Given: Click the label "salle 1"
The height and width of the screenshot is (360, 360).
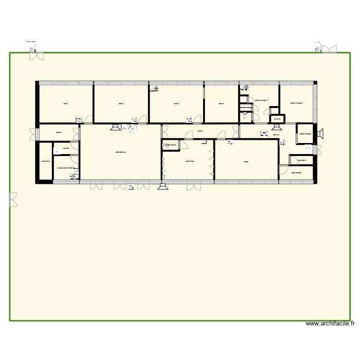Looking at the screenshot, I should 65,103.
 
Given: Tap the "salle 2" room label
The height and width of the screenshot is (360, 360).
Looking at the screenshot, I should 121,103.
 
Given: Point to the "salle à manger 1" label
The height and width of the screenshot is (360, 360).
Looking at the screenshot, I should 297,102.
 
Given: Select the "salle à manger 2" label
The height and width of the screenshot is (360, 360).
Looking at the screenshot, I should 261,100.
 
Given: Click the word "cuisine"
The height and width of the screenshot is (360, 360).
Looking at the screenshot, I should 66,148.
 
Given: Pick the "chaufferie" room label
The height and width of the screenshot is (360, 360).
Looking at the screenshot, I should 46,161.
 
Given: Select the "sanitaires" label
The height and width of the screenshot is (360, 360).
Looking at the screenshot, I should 190,161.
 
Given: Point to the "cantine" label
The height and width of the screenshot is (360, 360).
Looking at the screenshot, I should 276,135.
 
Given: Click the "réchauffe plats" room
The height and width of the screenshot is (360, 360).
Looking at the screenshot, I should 305,134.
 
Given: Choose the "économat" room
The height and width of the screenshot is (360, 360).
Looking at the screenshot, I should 301,160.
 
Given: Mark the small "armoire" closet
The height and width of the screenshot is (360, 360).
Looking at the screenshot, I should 277,119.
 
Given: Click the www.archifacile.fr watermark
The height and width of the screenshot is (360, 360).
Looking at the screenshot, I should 330,324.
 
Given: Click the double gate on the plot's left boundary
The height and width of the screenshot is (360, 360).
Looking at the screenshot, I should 13,199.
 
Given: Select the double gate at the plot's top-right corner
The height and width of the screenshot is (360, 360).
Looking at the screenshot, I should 329,49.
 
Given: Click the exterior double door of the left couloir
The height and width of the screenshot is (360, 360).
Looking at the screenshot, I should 34,134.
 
